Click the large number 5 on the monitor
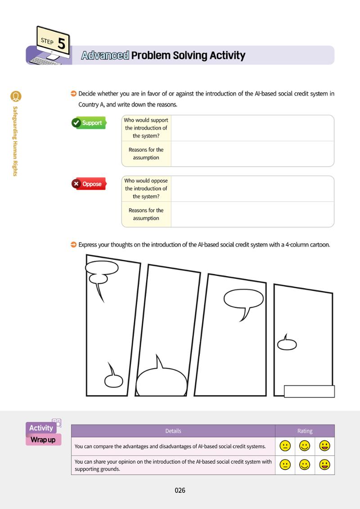[x=61, y=44]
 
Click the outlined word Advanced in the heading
[x=105, y=55]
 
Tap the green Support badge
[x=89, y=123]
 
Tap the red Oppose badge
[x=89, y=184]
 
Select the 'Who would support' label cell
[x=146, y=128]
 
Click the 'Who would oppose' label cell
[x=146, y=188]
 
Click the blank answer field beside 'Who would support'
[x=252, y=128]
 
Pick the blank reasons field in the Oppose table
[x=252, y=214]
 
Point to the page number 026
[x=180, y=490]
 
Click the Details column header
[x=173, y=431]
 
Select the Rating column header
[x=305, y=431]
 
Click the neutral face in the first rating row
[x=285, y=446]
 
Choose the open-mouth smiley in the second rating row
[x=324, y=465]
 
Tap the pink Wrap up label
[x=43, y=440]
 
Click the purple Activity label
[x=41, y=428]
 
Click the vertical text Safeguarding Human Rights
[x=15, y=141]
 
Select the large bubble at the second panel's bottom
[x=162, y=381]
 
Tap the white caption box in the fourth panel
[x=309, y=391]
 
